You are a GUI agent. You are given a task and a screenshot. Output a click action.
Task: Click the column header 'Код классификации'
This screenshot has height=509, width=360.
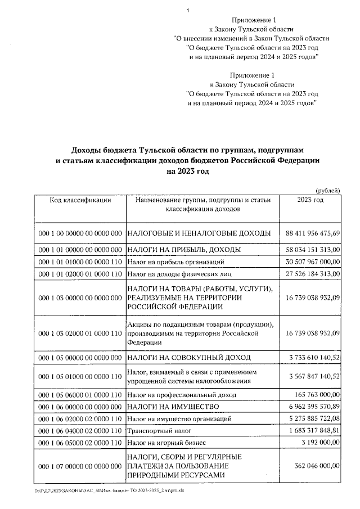coord(80,200)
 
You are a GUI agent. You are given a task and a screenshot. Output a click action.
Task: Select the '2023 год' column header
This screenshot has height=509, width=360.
coord(310,200)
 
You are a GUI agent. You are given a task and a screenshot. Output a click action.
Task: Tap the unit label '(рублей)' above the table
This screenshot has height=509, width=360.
coord(328,190)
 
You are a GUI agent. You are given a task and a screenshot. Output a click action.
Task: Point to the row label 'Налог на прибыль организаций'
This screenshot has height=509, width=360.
coord(176,262)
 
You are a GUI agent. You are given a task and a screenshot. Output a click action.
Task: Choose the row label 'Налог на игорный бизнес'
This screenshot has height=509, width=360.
coord(168,443)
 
